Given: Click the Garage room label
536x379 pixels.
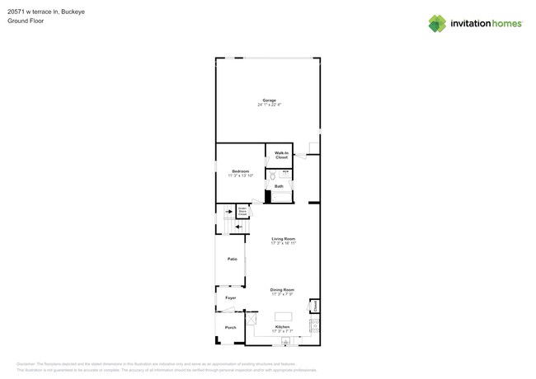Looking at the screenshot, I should coord(269,101).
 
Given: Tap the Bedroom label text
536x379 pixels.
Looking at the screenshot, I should coord(240,171).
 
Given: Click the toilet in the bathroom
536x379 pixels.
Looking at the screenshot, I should coord(273,175).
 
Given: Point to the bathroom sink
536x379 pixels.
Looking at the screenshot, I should coord(285,174).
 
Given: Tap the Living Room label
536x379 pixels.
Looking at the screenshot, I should coord(283,239).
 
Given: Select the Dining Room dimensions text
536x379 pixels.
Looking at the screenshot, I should coord(282,294).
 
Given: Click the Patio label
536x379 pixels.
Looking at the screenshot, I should coord(233,259).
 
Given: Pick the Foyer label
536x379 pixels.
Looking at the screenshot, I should coord(231,297).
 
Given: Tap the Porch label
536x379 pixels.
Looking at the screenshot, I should coord(231,327).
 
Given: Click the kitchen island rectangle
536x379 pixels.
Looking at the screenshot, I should coord(283,316).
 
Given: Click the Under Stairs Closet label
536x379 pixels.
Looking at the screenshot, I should coord(242,211).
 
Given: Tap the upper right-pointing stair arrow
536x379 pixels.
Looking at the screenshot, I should coord(229,212).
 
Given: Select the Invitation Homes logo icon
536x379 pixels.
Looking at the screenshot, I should coord(437,24).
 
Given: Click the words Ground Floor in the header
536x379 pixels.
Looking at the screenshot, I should coord(26,21).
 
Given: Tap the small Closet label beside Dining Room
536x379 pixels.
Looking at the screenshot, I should coord(314,306).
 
